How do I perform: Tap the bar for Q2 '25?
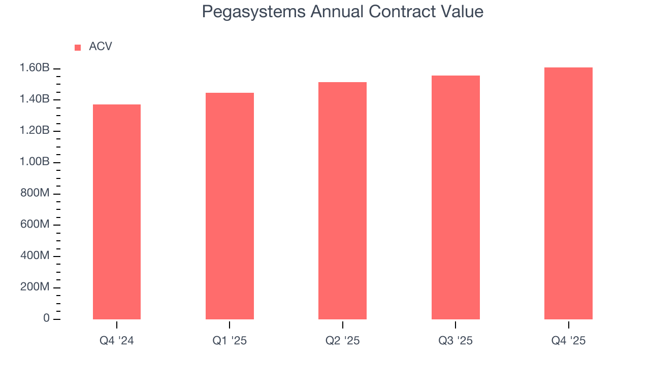342,201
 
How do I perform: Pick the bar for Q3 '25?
456,198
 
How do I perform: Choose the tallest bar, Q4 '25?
568,193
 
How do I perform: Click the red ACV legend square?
78,47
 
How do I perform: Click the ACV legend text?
101,47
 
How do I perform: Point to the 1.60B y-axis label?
35,68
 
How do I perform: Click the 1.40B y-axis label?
35,99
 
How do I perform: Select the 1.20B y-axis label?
35,131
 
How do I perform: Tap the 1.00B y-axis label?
35,162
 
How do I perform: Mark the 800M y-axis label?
35,193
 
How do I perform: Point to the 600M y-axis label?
35,225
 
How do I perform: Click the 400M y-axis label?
35,256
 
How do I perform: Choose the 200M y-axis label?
35,287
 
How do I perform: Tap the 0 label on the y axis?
46,318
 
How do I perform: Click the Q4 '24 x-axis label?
117,341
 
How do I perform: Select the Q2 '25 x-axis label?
342,341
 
